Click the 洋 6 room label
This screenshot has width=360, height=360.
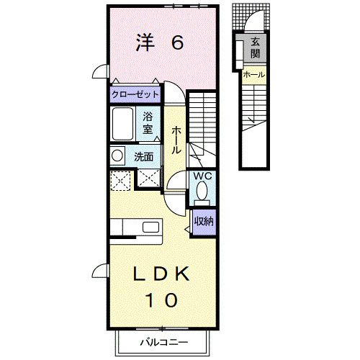pyautogui.click(x=160, y=42)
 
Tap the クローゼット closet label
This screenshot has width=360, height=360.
pyautogui.click(x=135, y=94)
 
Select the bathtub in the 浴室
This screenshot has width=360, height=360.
pyautogui.click(x=122, y=124)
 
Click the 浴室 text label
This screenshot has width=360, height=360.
pyautogui.click(x=148, y=123)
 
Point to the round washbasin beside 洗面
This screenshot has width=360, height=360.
pyautogui.click(x=117, y=156)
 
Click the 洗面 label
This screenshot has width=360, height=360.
pyautogui.click(x=143, y=157)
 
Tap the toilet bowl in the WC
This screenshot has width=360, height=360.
pyautogui.click(x=202, y=191)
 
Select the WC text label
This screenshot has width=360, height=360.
pyautogui.click(x=202, y=176)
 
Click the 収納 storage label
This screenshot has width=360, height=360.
pyautogui.click(x=204, y=221)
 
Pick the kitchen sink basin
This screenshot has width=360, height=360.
pyautogui.click(x=150, y=227)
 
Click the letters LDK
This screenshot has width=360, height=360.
pyautogui.click(x=161, y=274)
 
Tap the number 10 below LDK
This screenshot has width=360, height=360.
pyautogui.click(x=162, y=300)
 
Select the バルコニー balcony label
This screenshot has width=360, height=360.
pyautogui.click(x=164, y=342)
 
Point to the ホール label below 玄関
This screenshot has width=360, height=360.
pyautogui.click(x=254, y=75)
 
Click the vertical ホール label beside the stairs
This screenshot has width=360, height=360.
pyautogui.click(x=176, y=140)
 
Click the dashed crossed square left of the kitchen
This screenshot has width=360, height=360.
pyautogui.click(x=120, y=181)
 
